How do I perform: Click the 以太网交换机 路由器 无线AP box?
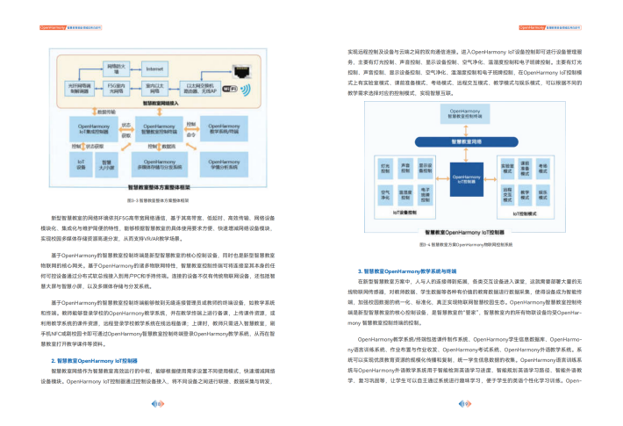click(197, 88)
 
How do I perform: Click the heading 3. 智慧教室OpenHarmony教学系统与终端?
click(406, 271)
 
